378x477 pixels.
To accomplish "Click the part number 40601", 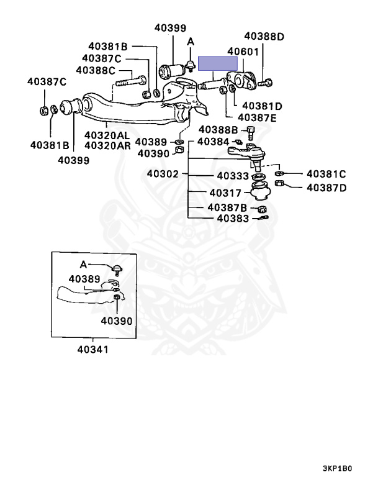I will (x=243, y=52).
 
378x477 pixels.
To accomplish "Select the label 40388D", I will (x=263, y=36).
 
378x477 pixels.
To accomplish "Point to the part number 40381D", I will (x=262, y=106).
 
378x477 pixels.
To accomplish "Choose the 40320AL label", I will (x=107, y=135).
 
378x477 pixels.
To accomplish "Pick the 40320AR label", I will (x=107, y=146).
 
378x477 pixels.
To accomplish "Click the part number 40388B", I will (x=218, y=130).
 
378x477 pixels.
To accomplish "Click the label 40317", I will (x=225, y=193).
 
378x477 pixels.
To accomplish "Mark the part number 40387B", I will (x=228, y=207).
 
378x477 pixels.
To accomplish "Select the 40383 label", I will (x=233, y=218).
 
